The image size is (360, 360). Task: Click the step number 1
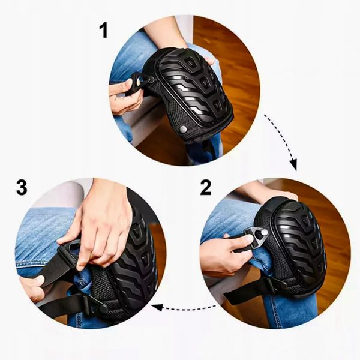click(x=104, y=31)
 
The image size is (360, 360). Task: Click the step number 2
click(x=205, y=188)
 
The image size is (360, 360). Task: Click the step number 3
click(x=22, y=187)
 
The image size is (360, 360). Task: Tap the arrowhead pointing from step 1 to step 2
click(x=293, y=164)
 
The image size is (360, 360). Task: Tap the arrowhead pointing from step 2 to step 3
click(x=157, y=307)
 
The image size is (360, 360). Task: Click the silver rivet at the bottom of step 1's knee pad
click(x=183, y=129)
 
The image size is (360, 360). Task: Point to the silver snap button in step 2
click(x=264, y=233)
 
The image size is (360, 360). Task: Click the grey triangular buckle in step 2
click(x=256, y=236)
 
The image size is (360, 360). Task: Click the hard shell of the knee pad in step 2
click(x=298, y=245)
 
